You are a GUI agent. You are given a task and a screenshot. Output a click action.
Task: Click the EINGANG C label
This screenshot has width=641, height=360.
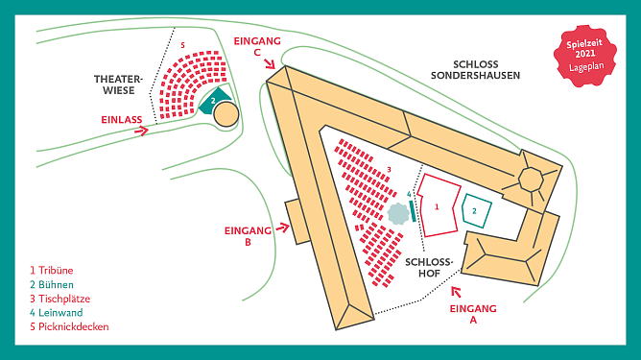257,46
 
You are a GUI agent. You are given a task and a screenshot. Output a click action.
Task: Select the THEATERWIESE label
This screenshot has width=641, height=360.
117,84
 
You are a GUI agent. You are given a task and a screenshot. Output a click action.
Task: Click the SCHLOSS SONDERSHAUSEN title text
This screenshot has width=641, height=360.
476,68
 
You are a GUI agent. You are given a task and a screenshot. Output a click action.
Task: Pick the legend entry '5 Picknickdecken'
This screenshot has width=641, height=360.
69,326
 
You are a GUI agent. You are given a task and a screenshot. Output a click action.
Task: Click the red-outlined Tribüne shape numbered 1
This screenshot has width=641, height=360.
440,204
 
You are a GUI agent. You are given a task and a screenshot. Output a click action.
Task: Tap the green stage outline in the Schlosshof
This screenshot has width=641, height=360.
475,209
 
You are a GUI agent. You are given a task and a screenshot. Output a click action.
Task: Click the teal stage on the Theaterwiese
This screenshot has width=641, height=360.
216,99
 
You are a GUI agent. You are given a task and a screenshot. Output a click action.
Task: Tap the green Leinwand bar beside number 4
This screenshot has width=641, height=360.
414,208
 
